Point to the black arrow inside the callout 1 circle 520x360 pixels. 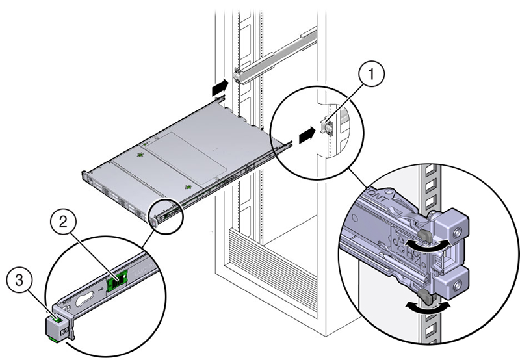click(306, 135)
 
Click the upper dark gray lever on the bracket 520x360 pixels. click(424, 229)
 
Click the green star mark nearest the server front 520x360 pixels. click(140, 155)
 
